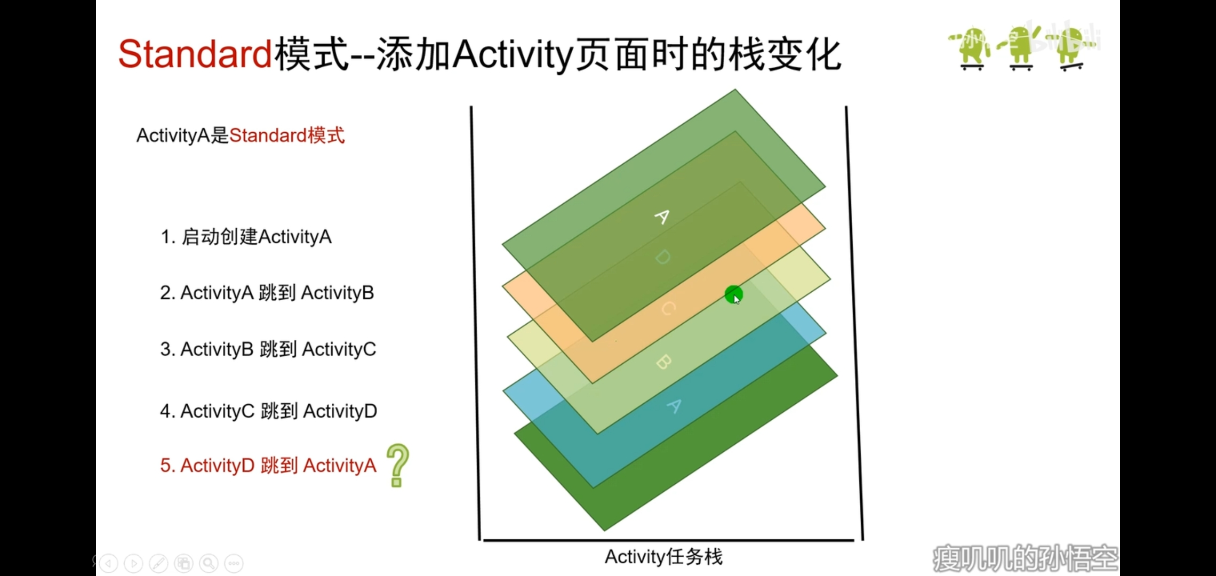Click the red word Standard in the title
click(x=195, y=54)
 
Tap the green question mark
click(x=397, y=466)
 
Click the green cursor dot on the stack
click(x=734, y=294)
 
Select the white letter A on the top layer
click(x=662, y=217)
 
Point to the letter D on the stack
click(x=662, y=258)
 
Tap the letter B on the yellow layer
click(x=663, y=362)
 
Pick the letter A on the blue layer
click(x=675, y=406)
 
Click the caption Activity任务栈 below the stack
click(x=663, y=557)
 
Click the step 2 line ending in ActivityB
click(x=267, y=293)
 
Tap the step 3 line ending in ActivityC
click(x=268, y=349)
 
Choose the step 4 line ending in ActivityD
click(x=268, y=411)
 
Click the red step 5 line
click(x=268, y=466)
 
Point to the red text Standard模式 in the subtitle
click(x=287, y=135)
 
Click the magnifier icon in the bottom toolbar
click(x=209, y=563)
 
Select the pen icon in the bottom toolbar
click(x=158, y=563)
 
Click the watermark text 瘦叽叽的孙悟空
click(x=1025, y=558)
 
